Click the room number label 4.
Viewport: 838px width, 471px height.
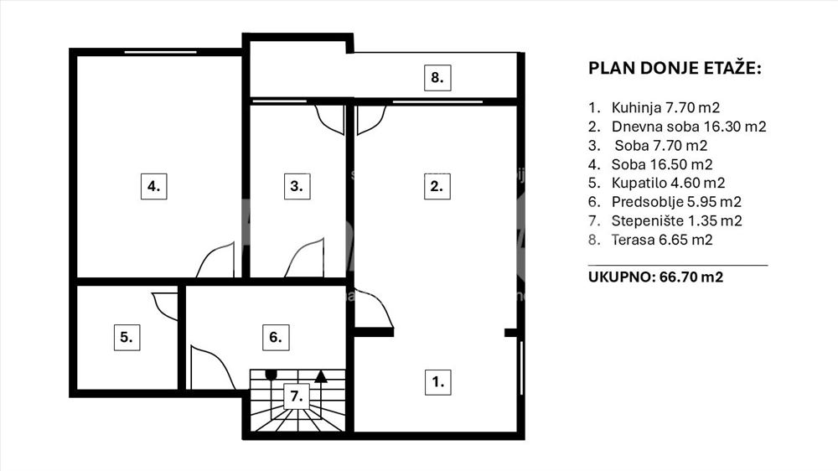click(154, 186)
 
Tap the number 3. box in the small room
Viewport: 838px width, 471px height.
click(297, 186)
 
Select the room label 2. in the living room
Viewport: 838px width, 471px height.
click(437, 186)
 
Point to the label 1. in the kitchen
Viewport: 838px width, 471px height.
click(437, 381)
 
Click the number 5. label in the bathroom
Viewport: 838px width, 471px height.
click(127, 338)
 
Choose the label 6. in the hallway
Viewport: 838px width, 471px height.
click(276, 338)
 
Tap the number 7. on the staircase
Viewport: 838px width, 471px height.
click(296, 396)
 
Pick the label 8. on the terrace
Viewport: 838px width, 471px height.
click(437, 77)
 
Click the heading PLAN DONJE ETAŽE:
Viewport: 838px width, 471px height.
click(675, 69)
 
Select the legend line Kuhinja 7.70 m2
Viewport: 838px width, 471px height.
click(665, 107)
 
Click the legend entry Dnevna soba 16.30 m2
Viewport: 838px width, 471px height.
click(688, 127)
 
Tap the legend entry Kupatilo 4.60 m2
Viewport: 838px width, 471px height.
click(668, 183)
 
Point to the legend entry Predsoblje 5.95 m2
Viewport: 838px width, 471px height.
click(676, 202)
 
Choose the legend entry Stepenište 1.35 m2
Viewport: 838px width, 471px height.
click(676, 220)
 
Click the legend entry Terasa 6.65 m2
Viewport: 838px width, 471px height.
click(662, 240)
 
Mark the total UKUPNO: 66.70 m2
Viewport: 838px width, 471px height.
click(656, 277)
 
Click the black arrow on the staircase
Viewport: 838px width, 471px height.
click(321, 376)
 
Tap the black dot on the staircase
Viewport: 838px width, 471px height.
click(271, 375)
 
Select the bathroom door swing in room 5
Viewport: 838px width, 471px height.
click(165, 307)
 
